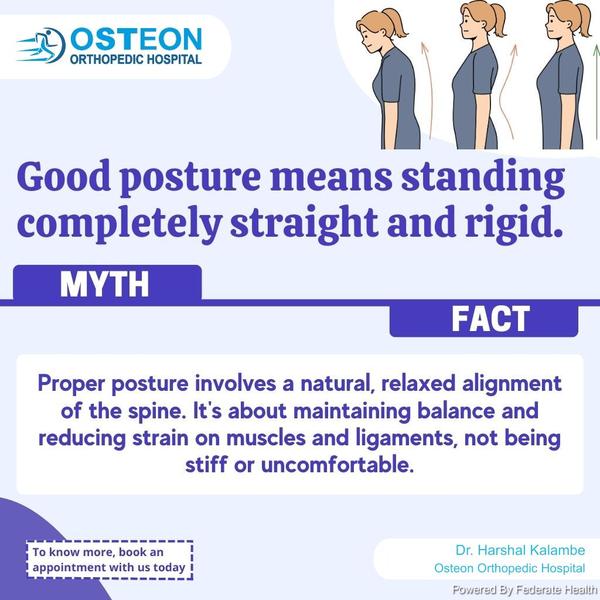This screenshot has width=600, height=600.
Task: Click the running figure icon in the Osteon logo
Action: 41,45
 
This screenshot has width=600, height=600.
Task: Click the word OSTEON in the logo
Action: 136,39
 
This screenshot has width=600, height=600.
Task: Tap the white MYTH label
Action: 104,284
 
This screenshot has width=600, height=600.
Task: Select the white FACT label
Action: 491,319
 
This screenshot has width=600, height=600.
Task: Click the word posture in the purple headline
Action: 190,178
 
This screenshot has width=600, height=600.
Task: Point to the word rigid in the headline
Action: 514,222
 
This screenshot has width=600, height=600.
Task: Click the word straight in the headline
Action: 304,222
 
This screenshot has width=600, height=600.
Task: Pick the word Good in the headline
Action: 64,176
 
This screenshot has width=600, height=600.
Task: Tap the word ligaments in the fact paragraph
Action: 405,439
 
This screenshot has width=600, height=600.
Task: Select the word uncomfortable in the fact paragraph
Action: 338,465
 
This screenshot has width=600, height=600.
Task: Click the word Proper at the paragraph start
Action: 71,384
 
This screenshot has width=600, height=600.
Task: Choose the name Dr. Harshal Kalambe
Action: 520,550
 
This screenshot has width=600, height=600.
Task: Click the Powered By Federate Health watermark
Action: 525,590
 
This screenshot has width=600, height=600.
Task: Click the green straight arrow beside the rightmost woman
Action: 596,93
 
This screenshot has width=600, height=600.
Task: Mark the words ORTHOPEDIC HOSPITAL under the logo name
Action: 136,59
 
